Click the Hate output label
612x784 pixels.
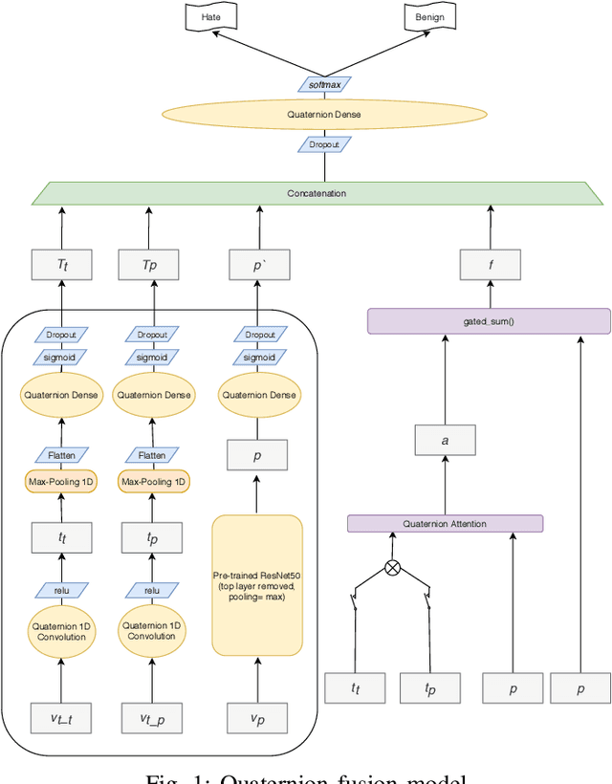210,17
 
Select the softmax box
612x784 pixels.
323,85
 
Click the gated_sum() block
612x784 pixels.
489,321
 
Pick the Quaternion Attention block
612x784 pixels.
445,524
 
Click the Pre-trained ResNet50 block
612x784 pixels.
257,585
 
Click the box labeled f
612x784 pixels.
490,265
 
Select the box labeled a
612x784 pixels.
445,441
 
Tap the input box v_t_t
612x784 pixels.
62,717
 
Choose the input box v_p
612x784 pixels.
257,717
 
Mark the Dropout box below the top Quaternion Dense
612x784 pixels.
323,144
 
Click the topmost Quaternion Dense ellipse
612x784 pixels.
323,115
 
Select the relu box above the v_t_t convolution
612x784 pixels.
62,590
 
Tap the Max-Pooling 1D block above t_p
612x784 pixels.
152,481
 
